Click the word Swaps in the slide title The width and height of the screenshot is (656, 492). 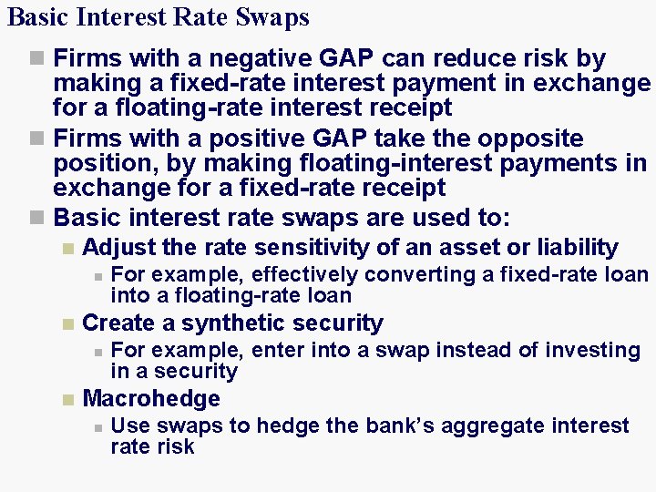point(275,17)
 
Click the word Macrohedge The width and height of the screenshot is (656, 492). point(151,399)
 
